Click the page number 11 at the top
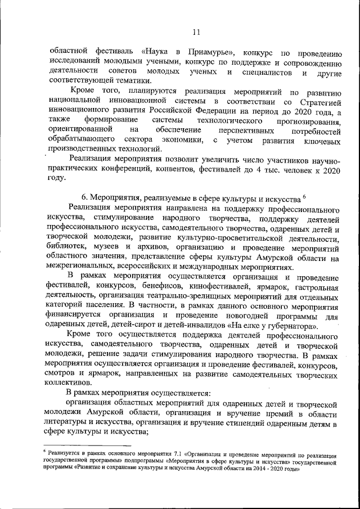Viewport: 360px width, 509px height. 195,32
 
